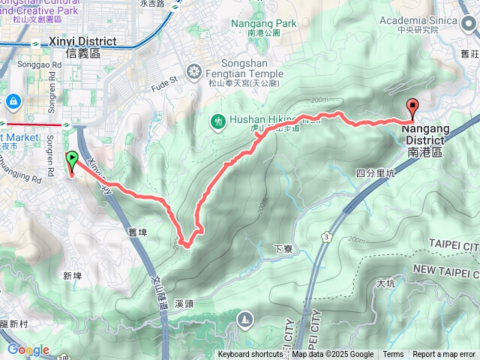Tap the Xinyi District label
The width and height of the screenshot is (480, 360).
[x=82, y=46]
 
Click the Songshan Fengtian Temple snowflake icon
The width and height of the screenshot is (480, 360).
[x=194, y=73]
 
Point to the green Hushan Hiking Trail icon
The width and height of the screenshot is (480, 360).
[x=218, y=120]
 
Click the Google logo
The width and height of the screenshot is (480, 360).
[x=28, y=349]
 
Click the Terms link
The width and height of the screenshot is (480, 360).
[x=393, y=355]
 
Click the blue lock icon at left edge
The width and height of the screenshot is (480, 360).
[x=13, y=100]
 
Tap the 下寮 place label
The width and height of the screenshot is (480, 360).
[x=283, y=248]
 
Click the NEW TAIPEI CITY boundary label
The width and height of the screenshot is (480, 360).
[x=445, y=269]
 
